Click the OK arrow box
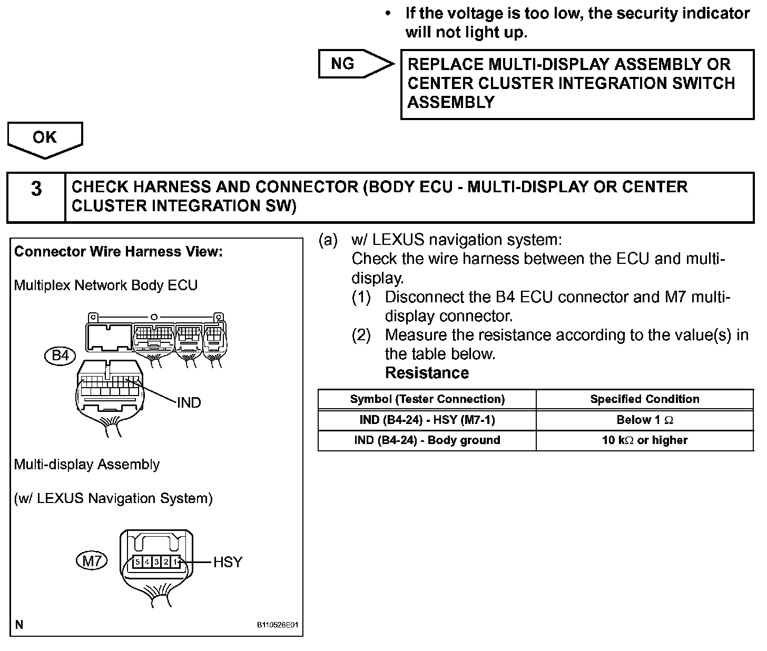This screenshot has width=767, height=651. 45,138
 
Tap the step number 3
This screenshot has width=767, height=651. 36,189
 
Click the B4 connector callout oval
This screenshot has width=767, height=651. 61,356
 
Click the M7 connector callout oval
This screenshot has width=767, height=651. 92,561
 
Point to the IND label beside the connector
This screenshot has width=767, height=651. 189,403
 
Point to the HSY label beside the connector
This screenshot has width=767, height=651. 228,563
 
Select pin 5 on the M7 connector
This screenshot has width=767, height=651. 137,562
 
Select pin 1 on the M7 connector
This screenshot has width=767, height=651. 175,562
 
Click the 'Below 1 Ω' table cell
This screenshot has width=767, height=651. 645,420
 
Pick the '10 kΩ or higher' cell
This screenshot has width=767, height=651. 645,440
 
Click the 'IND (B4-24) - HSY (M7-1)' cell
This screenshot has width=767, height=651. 427,420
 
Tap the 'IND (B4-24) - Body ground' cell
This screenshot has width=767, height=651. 427,440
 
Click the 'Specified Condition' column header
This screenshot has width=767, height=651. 645,399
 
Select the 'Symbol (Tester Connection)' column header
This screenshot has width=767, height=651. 427,399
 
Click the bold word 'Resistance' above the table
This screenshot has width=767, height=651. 427,373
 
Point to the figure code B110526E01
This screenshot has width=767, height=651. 278,625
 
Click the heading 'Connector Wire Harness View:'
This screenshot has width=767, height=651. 119,252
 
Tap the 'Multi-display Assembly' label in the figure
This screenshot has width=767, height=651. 87,465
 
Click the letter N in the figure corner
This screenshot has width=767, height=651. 19,625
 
